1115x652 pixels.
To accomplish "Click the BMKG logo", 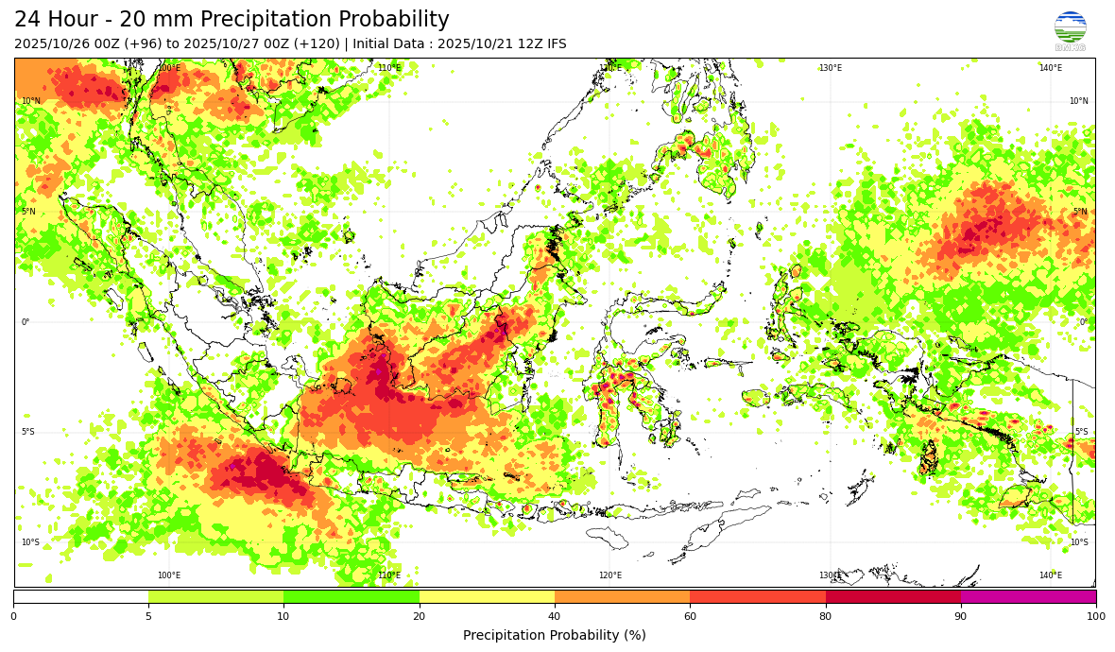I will tap(1070, 30).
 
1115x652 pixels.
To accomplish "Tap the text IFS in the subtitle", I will tap(555, 44).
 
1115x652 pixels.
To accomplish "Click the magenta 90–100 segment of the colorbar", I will tap(1028, 596).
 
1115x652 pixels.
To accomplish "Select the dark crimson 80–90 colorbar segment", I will tap(893, 596).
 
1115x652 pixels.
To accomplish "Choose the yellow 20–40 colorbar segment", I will tap(487, 596).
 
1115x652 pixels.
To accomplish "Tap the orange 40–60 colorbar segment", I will tap(622, 596).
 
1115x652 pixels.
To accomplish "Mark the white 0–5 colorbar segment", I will tap(80, 596).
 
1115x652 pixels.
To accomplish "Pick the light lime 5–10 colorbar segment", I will tap(215, 596).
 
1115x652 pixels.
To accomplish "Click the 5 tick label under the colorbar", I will tap(148, 616).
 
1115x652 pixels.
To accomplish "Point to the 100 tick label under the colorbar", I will tap(1095, 616).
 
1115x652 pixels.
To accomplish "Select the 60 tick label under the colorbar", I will tap(690, 616).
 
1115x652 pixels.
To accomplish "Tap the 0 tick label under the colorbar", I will tap(13, 616).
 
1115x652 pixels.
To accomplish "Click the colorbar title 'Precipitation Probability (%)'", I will tap(555, 635).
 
